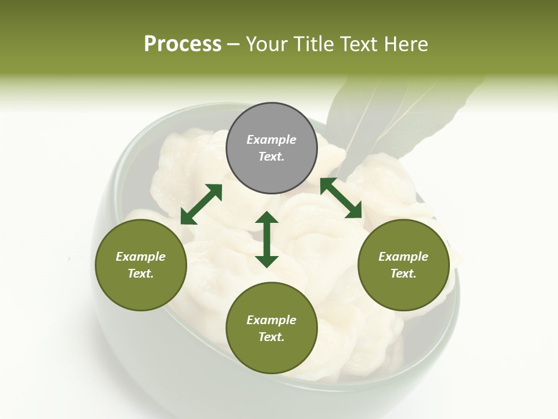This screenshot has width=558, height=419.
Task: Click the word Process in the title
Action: [183, 44]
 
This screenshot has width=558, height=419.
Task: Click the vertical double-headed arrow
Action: [267, 239]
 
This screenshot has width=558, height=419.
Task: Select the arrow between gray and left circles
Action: [201, 204]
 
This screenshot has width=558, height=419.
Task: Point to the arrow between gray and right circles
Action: [341, 198]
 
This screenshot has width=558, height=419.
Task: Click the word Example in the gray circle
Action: [271, 140]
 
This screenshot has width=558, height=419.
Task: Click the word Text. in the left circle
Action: [141, 274]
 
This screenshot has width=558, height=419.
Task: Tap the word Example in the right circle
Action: [403, 257]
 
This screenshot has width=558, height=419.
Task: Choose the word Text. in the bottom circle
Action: [271, 337]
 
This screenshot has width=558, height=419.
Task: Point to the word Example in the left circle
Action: [141, 257]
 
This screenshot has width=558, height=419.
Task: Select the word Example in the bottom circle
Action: [271, 320]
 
